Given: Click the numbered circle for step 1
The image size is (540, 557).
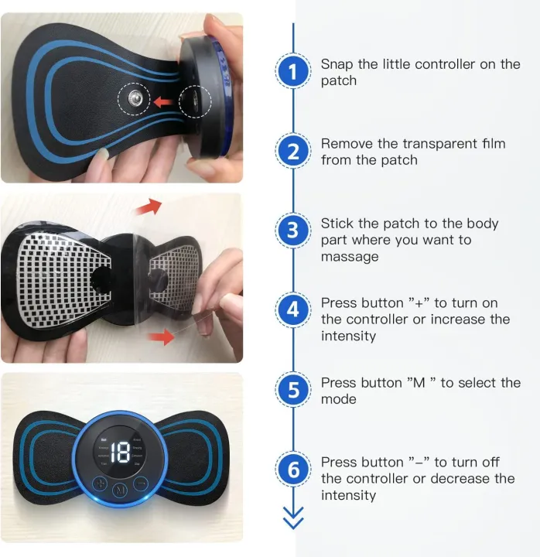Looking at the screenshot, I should [x=292, y=72].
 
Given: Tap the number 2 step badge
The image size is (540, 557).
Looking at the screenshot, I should [x=292, y=152].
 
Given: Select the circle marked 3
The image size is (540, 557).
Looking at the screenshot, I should [x=292, y=231].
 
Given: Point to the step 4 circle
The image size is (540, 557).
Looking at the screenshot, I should [x=292, y=310].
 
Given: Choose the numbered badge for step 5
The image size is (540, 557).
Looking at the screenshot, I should [x=292, y=390].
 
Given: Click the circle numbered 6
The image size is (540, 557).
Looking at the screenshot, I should [x=292, y=469].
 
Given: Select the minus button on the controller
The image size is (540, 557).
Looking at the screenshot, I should [x=140, y=484].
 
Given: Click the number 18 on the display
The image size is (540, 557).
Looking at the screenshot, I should [x=120, y=453].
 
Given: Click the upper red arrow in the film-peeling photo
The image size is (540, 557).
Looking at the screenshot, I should [x=149, y=207].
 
